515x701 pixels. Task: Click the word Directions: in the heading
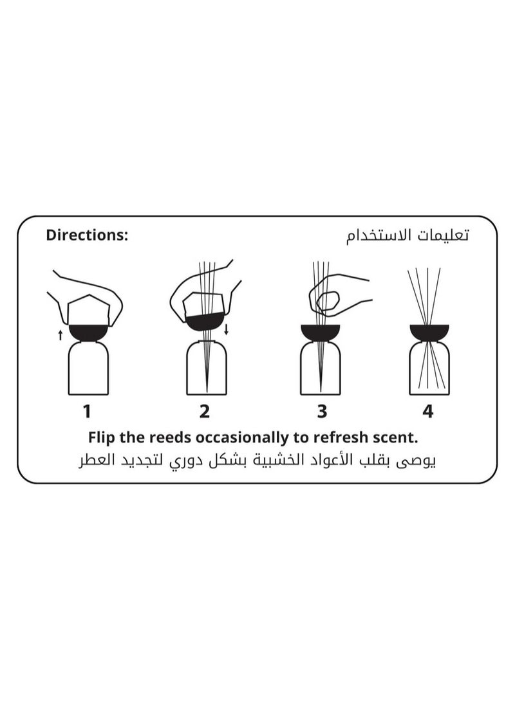pos(87,235)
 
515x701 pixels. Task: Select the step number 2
pos(205,411)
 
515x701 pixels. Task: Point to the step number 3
pos(321,411)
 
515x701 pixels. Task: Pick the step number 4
pos(428,411)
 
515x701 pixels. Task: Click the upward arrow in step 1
pos(60,334)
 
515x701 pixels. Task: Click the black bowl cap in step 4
pos(429,332)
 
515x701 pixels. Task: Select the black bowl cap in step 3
pos(320,332)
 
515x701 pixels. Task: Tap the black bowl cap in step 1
pos(88,332)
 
